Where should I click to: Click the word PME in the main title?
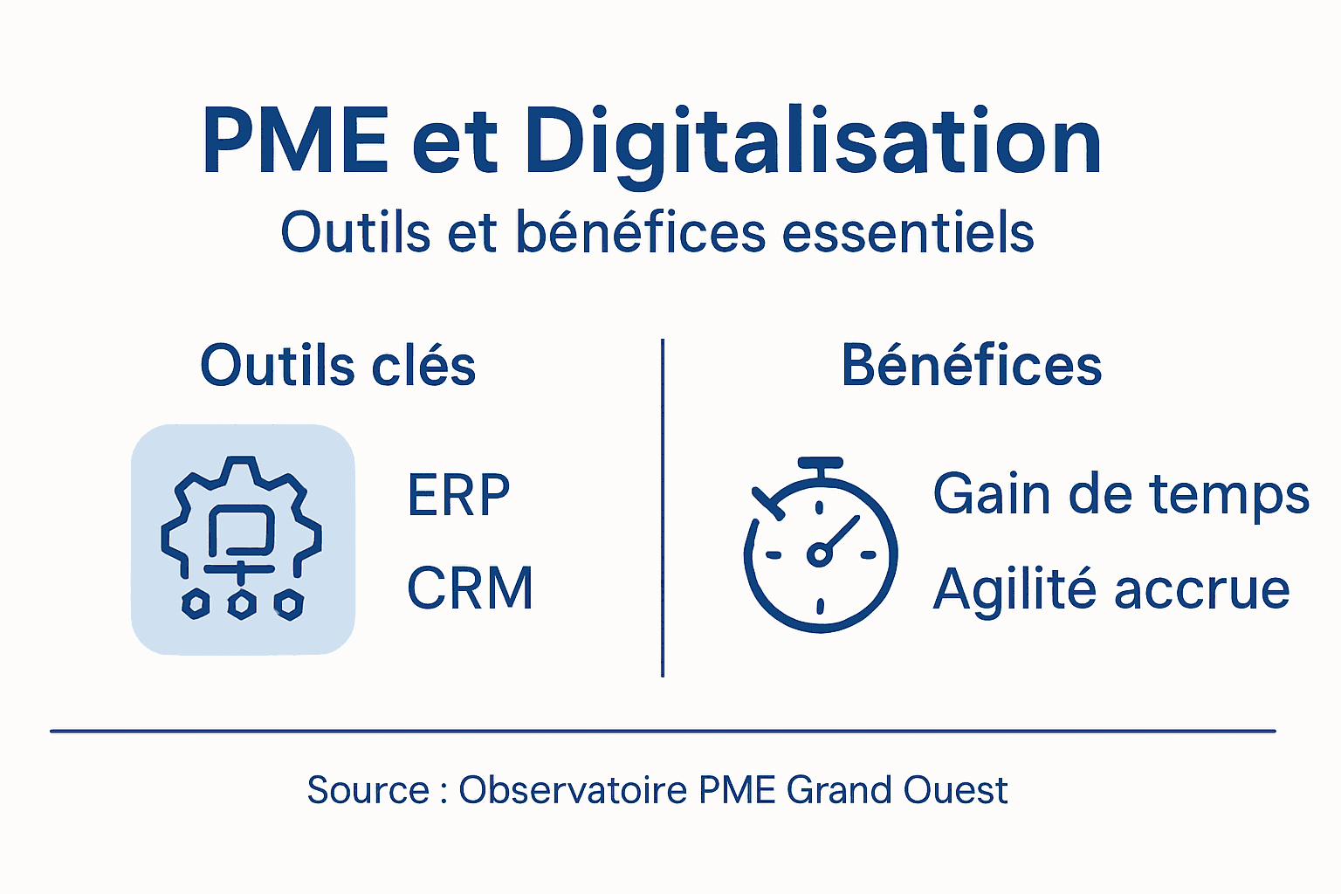(295, 141)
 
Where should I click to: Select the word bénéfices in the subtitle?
(640, 232)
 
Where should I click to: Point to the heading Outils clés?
(338, 365)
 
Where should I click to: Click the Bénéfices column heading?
(971, 365)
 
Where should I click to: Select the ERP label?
(458, 495)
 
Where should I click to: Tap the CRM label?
(470, 588)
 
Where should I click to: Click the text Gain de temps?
(1121, 495)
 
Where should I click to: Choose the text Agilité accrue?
(1111, 588)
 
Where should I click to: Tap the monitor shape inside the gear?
(241, 528)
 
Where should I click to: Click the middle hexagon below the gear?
(242, 604)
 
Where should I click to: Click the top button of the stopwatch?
(820, 463)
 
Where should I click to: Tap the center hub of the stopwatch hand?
(819, 554)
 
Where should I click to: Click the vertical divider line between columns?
(663, 507)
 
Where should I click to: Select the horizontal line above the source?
(663, 731)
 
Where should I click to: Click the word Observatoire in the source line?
(573, 790)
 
